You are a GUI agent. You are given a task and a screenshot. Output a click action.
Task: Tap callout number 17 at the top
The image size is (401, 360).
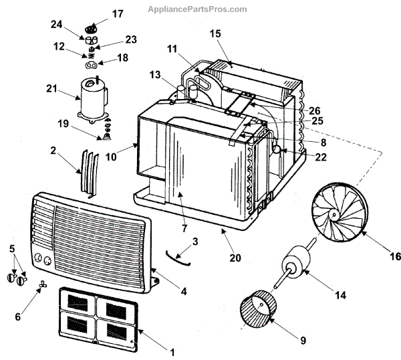118,13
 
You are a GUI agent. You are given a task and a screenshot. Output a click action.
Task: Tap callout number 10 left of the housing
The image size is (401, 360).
110,157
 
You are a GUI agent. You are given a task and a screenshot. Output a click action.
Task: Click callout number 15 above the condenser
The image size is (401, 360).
215,33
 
